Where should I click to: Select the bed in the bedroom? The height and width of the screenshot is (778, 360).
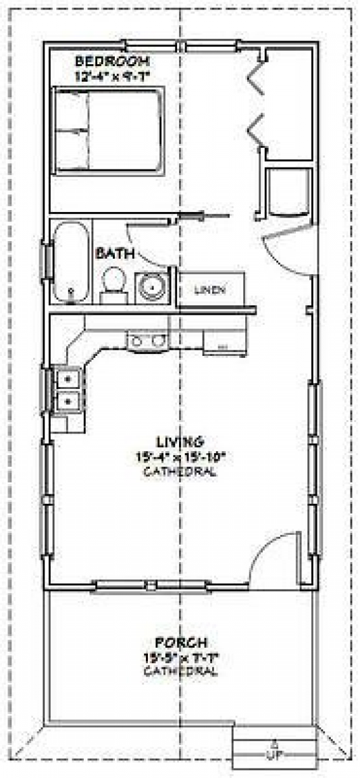[109, 131]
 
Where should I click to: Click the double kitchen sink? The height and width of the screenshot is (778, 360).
[68, 390]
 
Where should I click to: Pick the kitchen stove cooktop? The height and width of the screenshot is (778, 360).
[148, 340]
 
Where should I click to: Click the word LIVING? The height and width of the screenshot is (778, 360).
[179, 442]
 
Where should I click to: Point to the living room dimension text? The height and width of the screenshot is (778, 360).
[179, 457]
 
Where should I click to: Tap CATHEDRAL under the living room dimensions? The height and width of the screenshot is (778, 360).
[179, 471]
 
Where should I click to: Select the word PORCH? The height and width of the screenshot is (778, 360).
[180, 642]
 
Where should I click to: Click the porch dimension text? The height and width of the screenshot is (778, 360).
[180, 657]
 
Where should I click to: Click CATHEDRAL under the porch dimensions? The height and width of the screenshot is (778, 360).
[180, 671]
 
